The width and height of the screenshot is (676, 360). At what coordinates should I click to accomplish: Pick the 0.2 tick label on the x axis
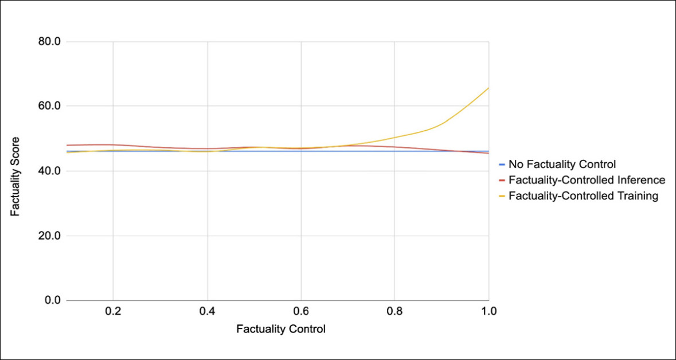click(113, 312)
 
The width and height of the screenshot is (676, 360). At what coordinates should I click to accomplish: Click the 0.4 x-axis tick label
click(207, 312)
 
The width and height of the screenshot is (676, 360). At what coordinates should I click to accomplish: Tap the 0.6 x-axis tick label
click(301, 312)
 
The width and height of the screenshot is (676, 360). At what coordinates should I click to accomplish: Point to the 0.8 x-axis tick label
click(395, 312)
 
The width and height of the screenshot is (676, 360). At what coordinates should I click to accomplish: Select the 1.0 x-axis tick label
click(489, 312)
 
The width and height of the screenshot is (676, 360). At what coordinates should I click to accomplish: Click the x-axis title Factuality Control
click(281, 330)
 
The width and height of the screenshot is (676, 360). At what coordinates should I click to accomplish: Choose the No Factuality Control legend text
click(562, 165)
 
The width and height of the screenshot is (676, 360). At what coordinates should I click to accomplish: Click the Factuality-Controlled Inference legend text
click(587, 180)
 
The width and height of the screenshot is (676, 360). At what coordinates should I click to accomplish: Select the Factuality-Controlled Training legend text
click(584, 196)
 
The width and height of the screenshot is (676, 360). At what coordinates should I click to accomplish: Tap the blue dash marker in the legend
click(502, 165)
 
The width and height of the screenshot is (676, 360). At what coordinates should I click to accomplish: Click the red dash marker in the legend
click(502, 180)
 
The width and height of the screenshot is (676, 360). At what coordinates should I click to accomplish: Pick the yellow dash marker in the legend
click(502, 196)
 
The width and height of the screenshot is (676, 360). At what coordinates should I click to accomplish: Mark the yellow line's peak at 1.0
click(489, 88)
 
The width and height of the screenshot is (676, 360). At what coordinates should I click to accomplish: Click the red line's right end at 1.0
click(489, 153)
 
